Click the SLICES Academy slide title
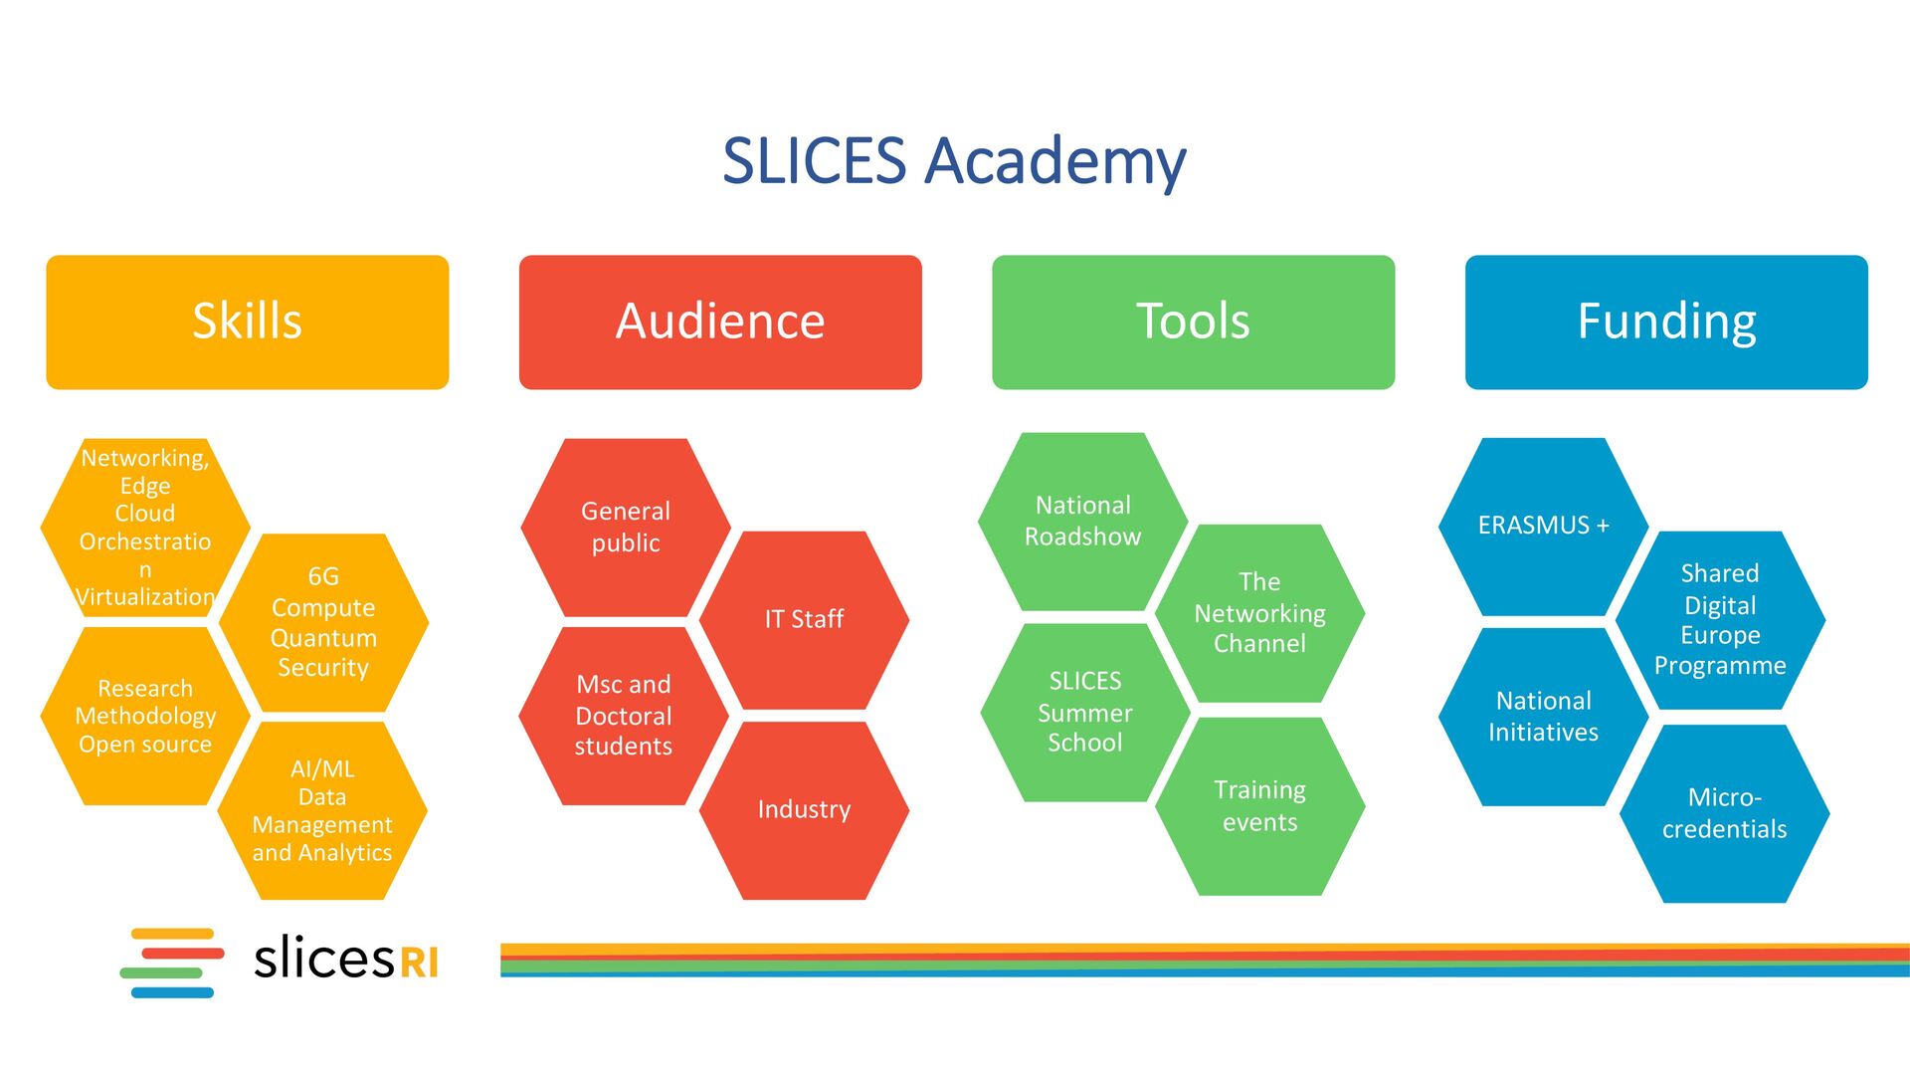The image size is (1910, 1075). pos(954,160)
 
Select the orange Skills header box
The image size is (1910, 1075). pos(248,322)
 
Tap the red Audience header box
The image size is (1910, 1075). pos(720,322)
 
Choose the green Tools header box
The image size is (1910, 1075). pos(1193,322)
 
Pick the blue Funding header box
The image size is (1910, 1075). pos(1666,322)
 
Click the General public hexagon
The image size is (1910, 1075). pos(626,527)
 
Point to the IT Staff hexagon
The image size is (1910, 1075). pos(804,619)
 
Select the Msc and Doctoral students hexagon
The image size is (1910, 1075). pos(624,715)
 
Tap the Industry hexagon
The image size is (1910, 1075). pos(804,809)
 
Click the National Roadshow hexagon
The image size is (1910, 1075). pos(1082,521)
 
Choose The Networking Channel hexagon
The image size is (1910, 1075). pos(1259,612)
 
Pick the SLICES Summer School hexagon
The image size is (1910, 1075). pos(1084,712)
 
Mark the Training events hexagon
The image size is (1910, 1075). pos(1259,805)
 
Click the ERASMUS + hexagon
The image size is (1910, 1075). pos(1543,526)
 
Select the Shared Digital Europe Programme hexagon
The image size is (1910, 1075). pos(1720,619)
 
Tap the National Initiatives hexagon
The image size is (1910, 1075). pos(1543,716)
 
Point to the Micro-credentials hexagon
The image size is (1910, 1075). pos(1724,813)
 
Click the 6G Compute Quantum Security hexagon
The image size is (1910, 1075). pos(323,622)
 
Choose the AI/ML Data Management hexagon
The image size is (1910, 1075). pos(322,810)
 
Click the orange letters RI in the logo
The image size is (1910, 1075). pos(419,963)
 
